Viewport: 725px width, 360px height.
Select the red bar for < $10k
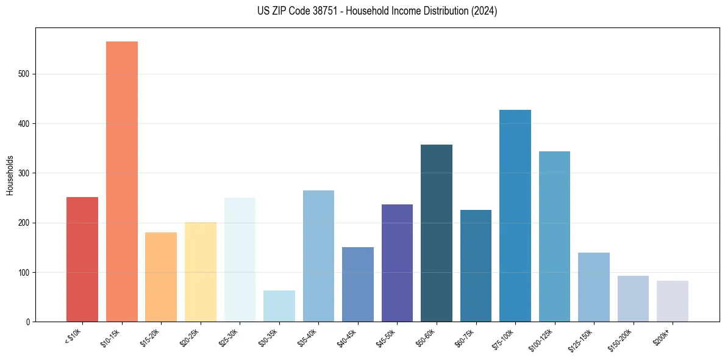click(82, 259)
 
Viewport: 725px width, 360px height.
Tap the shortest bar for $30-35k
click(279, 306)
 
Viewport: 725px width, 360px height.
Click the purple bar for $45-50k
click(397, 263)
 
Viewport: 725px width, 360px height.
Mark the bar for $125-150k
click(594, 287)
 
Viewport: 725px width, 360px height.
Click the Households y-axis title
click(10, 175)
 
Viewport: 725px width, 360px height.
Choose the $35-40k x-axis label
click(309, 337)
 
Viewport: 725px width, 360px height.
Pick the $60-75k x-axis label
click(466, 337)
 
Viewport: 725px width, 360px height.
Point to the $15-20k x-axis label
click(151, 337)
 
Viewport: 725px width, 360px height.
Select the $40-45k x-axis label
click(348, 337)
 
